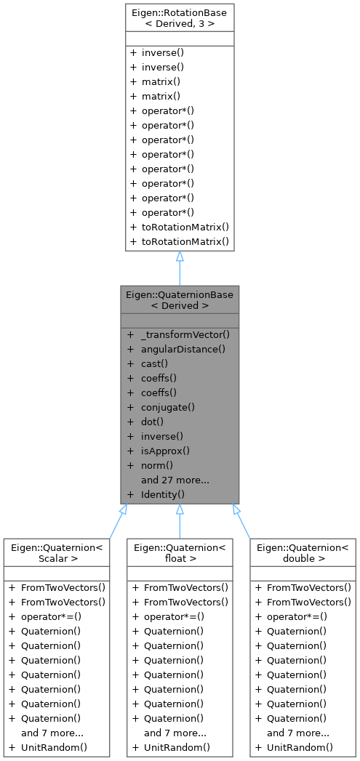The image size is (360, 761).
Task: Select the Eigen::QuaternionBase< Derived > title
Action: coord(179,299)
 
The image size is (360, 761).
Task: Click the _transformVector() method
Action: coord(185,334)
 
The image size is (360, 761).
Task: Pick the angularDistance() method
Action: coord(183,349)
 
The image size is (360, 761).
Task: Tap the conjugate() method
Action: coord(168,407)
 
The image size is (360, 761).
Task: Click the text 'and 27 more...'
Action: coord(175,480)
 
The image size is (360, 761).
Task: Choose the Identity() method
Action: coord(163,494)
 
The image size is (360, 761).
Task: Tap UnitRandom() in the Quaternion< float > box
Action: coord(177,746)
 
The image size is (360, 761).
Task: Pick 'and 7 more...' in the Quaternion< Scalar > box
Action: coord(52,732)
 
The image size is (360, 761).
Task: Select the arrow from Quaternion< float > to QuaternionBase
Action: coord(179,521)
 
